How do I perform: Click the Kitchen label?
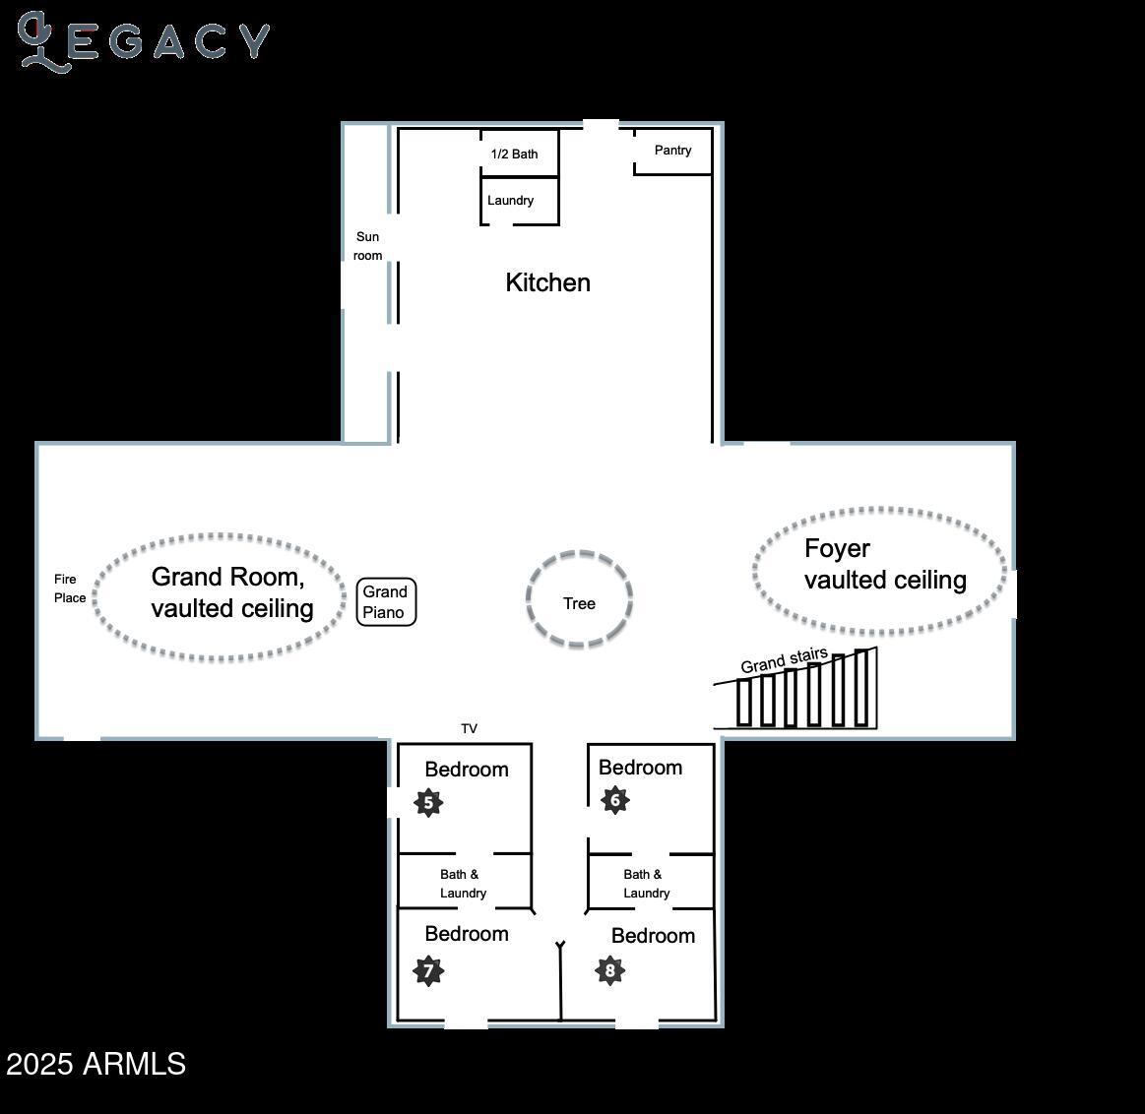[547, 282]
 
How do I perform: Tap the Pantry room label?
[672, 151]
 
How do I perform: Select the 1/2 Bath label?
[514, 154]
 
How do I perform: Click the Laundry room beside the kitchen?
[510, 201]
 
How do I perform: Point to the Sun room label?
[367, 246]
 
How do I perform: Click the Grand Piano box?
[386, 602]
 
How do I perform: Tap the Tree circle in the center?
[579, 599]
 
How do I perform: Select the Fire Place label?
[70, 588]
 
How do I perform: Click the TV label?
[469, 729]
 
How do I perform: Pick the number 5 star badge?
[428, 803]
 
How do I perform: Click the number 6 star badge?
[614, 800]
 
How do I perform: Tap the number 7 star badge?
[428, 971]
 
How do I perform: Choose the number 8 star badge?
[609, 971]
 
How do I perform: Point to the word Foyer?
[837, 548]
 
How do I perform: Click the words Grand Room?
[227, 577]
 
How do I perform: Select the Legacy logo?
[143, 41]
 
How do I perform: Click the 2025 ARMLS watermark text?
[95, 1064]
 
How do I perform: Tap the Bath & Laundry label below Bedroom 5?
[462, 884]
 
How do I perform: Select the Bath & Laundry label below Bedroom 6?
[646, 884]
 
